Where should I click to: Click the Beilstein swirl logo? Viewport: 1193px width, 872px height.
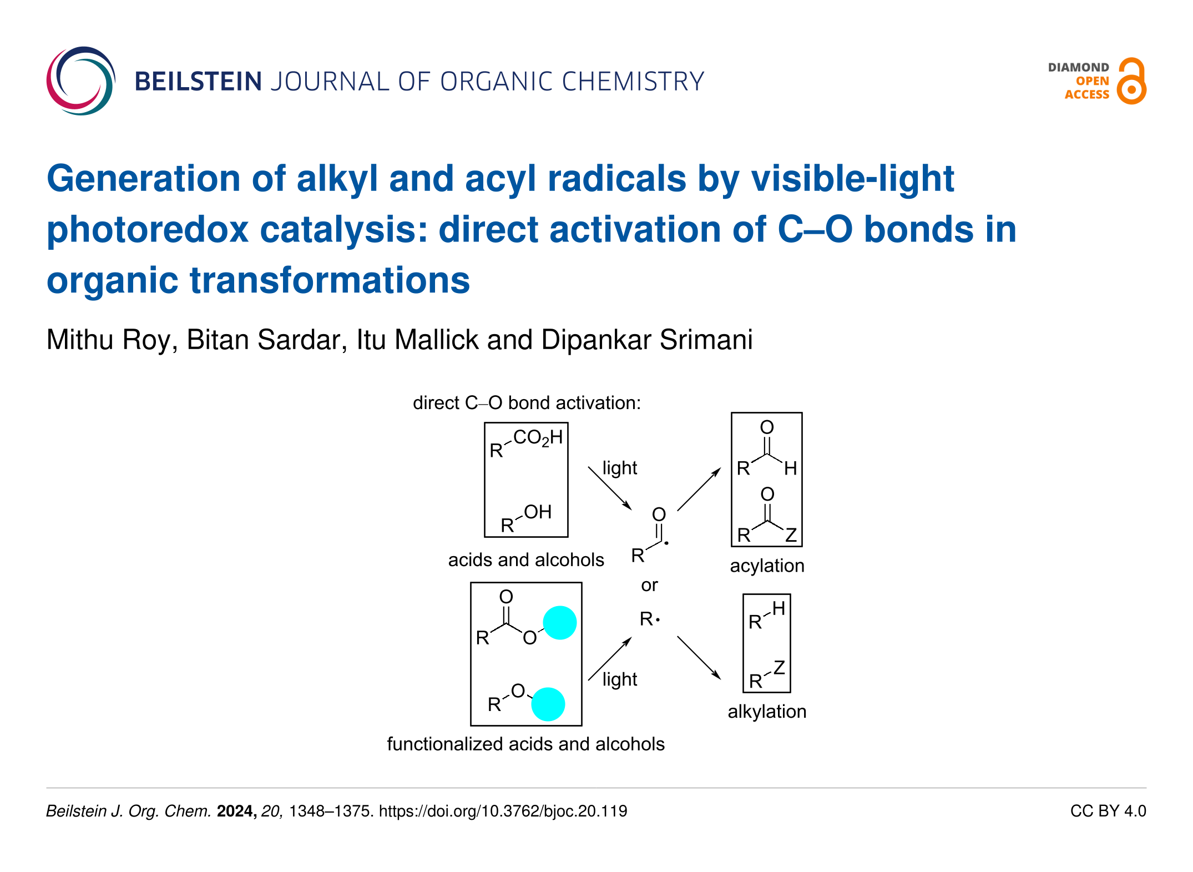81,80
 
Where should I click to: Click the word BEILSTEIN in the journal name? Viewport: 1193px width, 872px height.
198,82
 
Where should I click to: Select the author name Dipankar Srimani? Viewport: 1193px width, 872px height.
647,340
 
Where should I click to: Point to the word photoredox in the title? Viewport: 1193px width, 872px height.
148,230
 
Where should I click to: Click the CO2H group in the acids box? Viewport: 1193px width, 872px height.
538,438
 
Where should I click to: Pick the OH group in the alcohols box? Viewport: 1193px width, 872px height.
538,512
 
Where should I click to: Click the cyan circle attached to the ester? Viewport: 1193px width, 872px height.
560,623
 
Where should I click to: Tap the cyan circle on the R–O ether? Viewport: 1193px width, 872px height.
548,704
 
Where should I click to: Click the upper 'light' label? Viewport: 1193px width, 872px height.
620,468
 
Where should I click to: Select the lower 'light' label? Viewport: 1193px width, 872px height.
620,679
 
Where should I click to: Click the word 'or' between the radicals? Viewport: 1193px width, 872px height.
649,586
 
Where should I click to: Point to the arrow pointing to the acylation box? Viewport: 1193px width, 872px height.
699,489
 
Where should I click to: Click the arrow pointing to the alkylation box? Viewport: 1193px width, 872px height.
699,658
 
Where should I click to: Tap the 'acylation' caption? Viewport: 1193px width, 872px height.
767,566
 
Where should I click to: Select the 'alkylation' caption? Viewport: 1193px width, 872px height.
767,712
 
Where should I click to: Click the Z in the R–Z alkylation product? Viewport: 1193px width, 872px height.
780,667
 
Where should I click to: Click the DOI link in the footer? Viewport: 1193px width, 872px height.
503,811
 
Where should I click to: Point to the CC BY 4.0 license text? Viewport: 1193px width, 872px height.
1108,811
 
